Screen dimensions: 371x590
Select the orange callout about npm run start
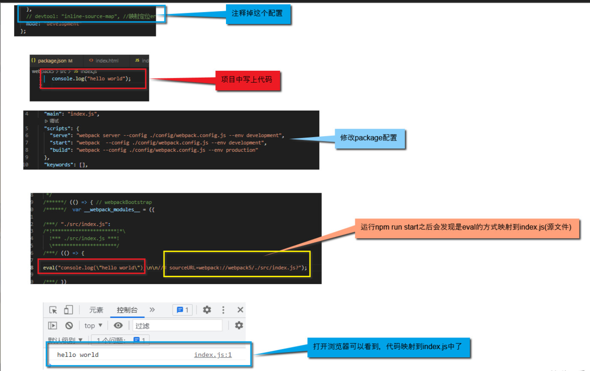tap(466, 227)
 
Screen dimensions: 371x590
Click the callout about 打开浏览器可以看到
tap(388, 347)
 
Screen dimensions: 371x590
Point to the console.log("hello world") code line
tap(91, 79)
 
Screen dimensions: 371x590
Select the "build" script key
tap(60, 150)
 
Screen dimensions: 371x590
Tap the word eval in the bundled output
tap(49, 268)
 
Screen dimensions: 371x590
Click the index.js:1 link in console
tap(213, 355)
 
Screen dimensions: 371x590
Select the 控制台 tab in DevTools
tap(127, 310)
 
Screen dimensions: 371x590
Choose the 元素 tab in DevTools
tap(96, 310)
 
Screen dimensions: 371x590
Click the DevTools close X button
tap(240, 310)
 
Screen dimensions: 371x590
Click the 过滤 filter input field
tap(177, 326)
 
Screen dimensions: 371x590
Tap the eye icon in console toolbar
tap(118, 326)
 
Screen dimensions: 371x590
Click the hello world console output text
tap(78, 355)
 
